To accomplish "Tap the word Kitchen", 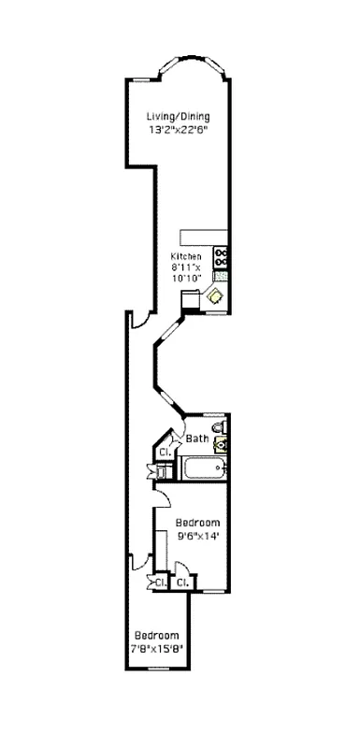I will (x=185, y=257).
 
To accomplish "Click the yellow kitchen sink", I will (x=216, y=295).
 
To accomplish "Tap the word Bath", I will (x=196, y=439).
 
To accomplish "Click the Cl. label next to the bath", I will (x=164, y=453).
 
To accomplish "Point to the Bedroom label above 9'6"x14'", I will (x=197, y=522).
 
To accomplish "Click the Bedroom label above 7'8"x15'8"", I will (x=155, y=634).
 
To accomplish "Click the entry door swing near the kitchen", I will (x=138, y=320).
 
